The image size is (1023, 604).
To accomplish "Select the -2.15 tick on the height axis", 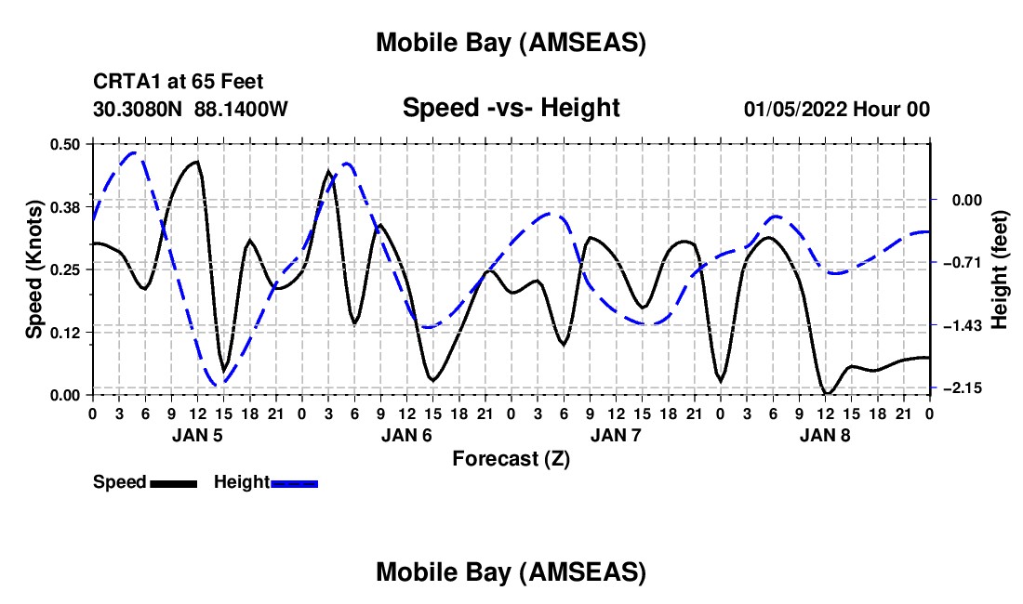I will pos(958,388).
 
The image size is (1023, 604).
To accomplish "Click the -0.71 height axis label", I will pos(958,263).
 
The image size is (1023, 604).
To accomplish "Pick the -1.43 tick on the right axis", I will pos(958,326).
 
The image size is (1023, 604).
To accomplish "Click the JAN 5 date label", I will pos(196,435).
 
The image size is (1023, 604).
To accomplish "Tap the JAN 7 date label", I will pos(615,435).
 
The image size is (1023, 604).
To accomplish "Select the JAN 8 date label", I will pos(824,435).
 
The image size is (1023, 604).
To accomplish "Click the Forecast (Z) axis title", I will pos(511,458).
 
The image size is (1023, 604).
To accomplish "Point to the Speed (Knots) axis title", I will pos(33,269).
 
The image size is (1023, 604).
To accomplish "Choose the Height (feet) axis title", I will pos(1000,269).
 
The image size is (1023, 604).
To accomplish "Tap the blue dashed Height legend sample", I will pos(294,482).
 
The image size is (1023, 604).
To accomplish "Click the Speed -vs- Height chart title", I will pos(511,109).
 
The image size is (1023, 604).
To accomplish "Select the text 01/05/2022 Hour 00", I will pos(836,110).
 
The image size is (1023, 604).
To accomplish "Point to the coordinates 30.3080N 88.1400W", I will pos(190,110).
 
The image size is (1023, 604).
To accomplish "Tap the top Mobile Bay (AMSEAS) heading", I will pos(511,43).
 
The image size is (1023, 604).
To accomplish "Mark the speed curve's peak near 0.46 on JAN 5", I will pos(196,162).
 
